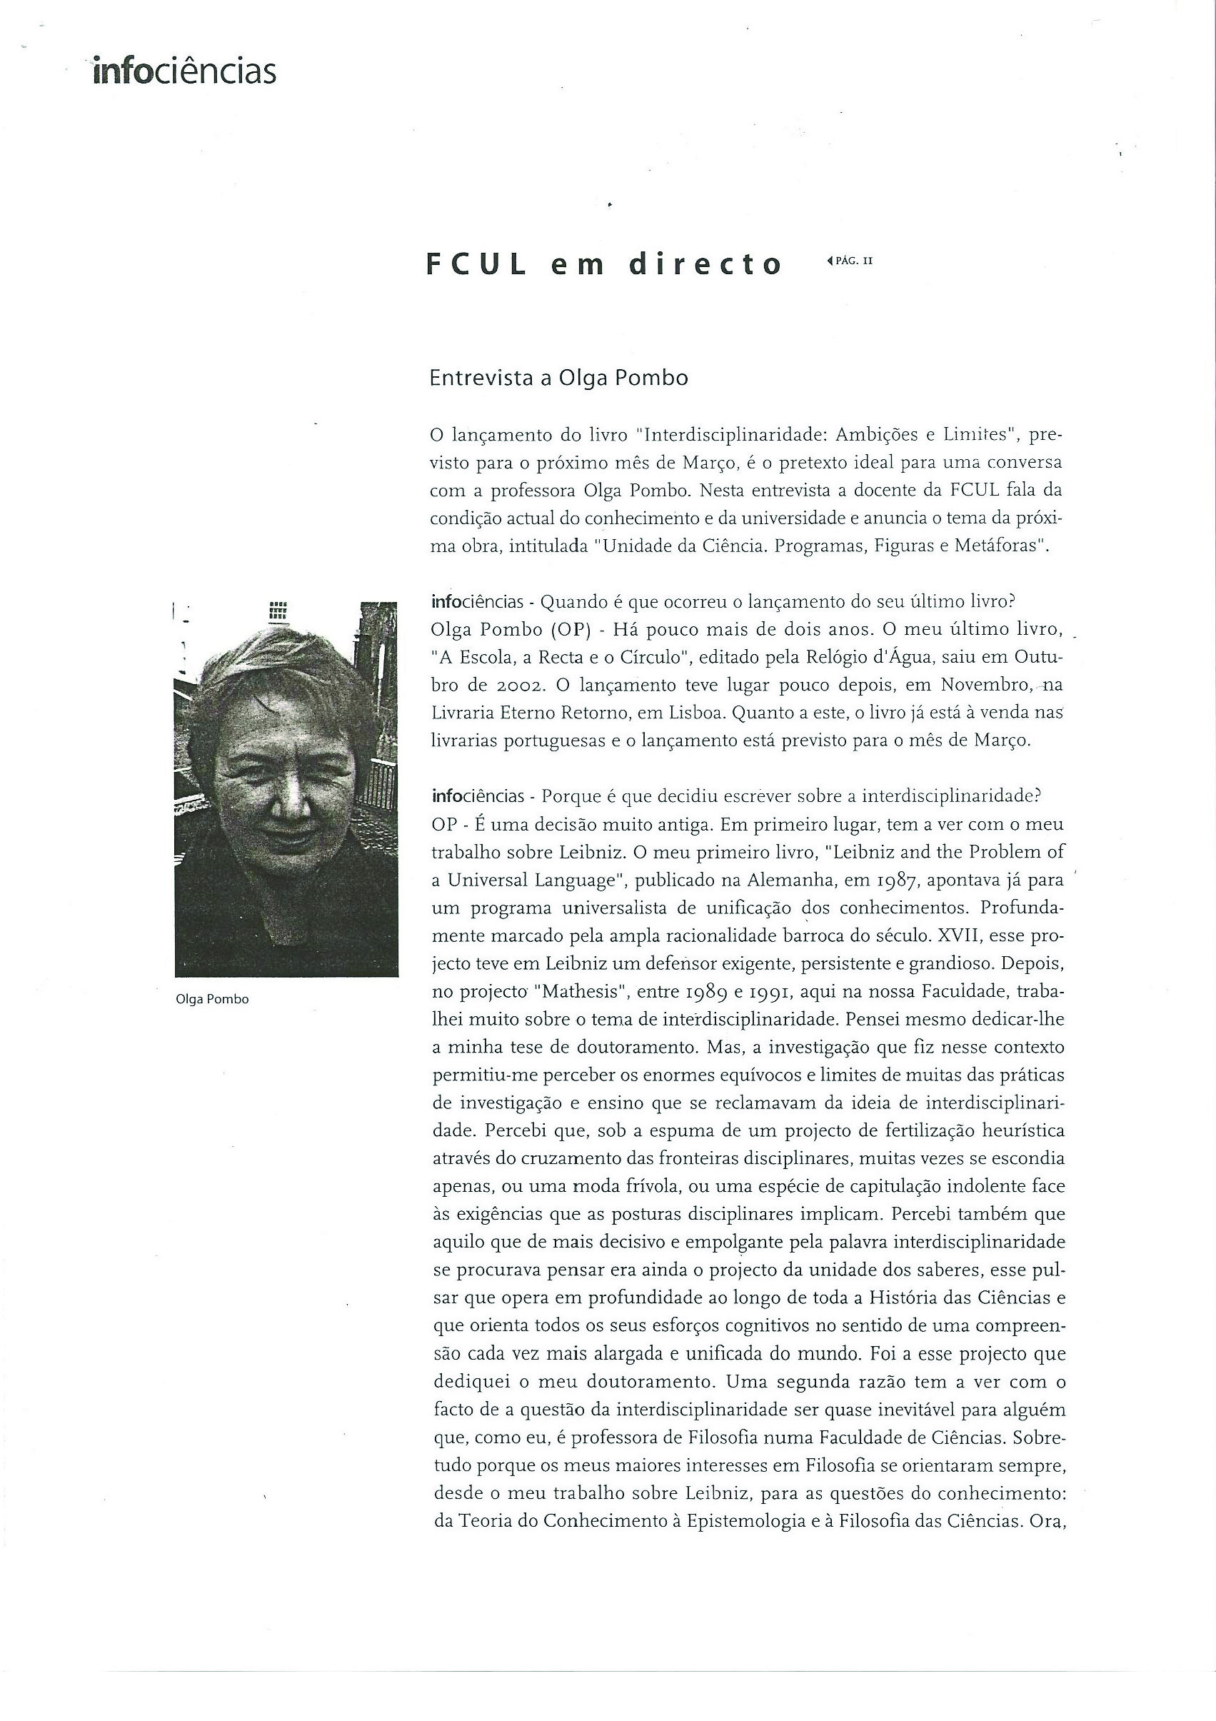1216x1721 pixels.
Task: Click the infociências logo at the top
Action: (184, 72)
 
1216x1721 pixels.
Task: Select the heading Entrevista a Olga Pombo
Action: (558, 378)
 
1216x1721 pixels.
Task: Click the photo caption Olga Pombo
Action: (211, 999)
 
